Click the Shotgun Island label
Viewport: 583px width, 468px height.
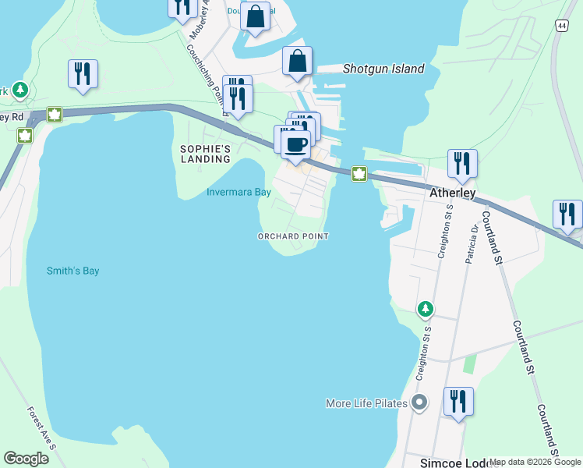[x=383, y=69]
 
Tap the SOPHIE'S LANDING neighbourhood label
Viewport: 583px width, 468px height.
[x=206, y=154]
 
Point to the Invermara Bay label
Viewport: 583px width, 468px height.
[x=238, y=192]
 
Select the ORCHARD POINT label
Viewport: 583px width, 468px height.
[x=293, y=236]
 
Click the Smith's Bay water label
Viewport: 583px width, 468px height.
[x=73, y=271]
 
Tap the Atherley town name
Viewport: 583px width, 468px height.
[x=452, y=192]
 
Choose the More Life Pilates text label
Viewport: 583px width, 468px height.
[x=366, y=403]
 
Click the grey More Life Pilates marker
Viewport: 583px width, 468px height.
[x=419, y=403]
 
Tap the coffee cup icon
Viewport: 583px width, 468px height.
[x=295, y=144]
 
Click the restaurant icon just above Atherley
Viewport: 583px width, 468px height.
[x=462, y=163]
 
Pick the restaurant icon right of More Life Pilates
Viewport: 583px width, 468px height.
[x=458, y=401]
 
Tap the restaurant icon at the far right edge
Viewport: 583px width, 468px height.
[x=567, y=214]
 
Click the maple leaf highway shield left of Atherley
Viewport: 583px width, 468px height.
[x=359, y=173]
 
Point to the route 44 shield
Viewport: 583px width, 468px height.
[x=561, y=26]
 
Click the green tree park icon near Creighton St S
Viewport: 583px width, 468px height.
[x=425, y=310]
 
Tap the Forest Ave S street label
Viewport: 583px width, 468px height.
[x=41, y=427]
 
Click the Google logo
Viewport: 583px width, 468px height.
[x=26, y=459]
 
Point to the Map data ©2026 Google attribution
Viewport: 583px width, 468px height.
[x=535, y=462]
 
